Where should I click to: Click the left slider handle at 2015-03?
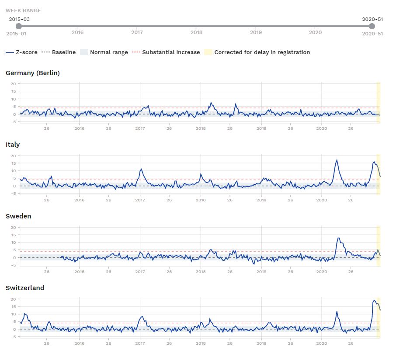click(18, 26)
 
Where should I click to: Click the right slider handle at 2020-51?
click(372, 26)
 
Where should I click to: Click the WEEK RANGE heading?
click(23, 10)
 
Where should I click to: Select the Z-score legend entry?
click(21, 52)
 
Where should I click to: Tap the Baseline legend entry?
click(59, 52)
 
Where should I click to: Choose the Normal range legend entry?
click(104, 52)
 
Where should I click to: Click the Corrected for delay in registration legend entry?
click(257, 52)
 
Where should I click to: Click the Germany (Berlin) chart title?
click(33, 73)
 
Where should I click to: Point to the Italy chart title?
click(13, 145)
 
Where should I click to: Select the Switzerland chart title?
click(25, 288)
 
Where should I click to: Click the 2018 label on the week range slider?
click(197, 32)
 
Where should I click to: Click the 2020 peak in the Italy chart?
click(337, 160)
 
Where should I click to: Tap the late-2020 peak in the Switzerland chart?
click(374, 300)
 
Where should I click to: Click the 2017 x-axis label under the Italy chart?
click(140, 200)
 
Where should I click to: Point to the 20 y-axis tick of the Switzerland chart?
click(13, 299)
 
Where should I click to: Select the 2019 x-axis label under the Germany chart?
click(261, 128)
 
